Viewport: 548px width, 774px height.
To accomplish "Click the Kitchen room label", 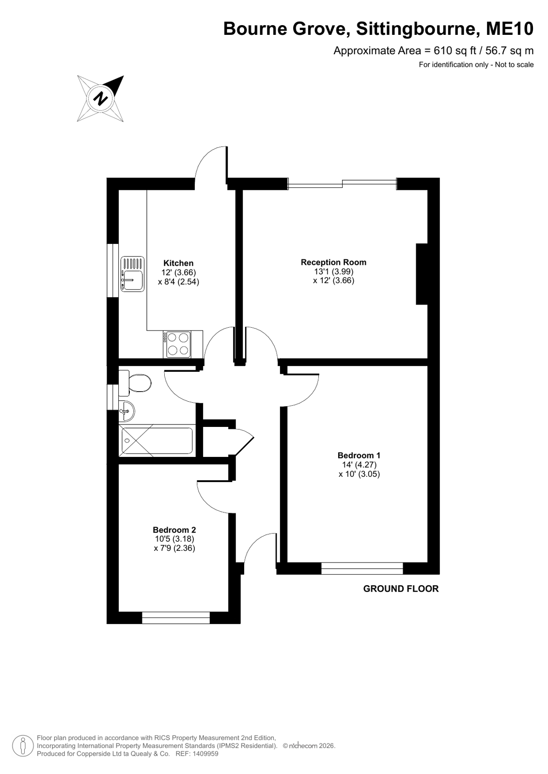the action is pyautogui.click(x=178, y=263).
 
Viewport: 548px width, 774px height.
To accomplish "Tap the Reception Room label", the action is pyautogui.click(x=333, y=262).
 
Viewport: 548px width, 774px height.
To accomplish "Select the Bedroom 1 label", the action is pyautogui.click(x=359, y=455).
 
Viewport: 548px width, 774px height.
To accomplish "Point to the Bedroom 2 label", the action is pyautogui.click(x=174, y=530).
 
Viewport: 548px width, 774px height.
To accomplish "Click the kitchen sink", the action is pyautogui.click(x=132, y=274).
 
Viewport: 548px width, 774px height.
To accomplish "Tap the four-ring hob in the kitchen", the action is pyautogui.click(x=178, y=344).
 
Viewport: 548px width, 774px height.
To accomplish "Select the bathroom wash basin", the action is pyautogui.click(x=126, y=411).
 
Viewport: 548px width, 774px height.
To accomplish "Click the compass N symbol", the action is pyautogui.click(x=100, y=98).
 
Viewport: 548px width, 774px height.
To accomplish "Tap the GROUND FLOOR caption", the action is pyautogui.click(x=401, y=589).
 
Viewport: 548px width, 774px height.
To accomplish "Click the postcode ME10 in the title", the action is pyautogui.click(x=510, y=29).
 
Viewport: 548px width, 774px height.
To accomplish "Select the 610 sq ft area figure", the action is pyautogui.click(x=450, y=51).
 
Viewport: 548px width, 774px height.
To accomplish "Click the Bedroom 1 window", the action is pyautogui.click(x=362, y=568).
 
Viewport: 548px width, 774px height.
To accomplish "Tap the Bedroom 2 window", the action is pyautogui.click(x=176, y=618).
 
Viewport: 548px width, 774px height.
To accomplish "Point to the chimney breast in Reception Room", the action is pyautogui.click(x=422, y=274).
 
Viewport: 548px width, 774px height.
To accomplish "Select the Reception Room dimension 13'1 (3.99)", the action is pyautogui.click(x=333, y=272).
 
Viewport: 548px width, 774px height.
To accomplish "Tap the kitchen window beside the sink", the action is pyautogui.click(x=113, y=270).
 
